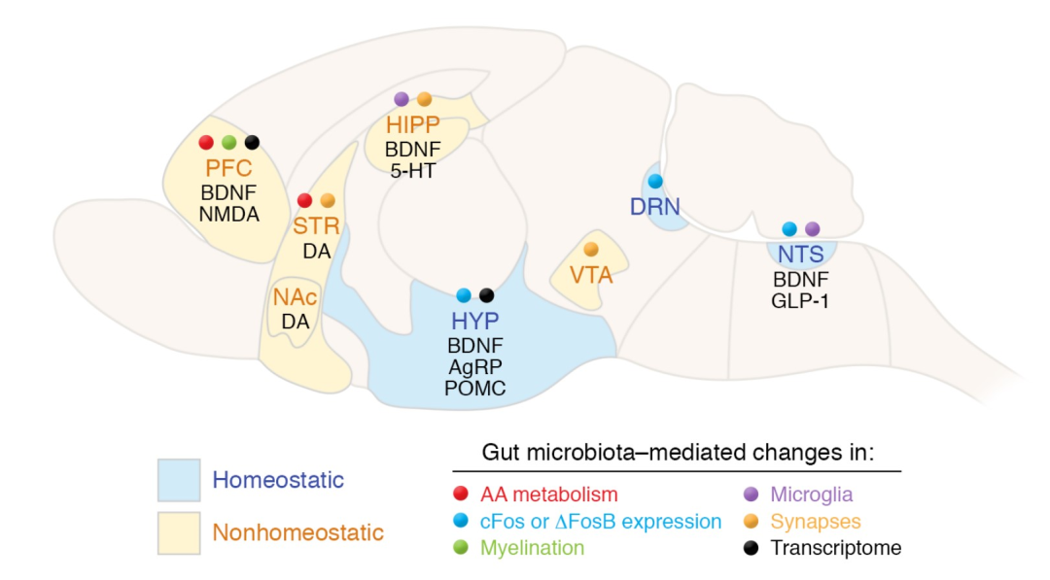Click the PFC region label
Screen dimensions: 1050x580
[x=229, y=168]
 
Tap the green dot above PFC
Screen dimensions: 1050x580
[x=229, y=143]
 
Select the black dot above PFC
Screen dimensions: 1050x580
[x=252, y=143]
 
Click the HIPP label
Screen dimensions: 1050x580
[x=412, y=124]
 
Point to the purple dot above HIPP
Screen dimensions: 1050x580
[x=402, y=100]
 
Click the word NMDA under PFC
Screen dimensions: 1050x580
[x=229, y=215]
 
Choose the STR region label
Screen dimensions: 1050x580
[x=316, y=225]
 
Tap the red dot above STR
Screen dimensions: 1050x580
[x=304, y=200]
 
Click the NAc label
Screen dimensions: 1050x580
[x=296, y=297]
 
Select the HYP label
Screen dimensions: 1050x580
[x=474, y=322]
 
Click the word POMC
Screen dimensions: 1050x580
[x=474, y=388]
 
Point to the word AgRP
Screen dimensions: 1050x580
[x=474, y=366]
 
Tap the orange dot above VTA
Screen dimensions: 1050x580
[x=591, y=250]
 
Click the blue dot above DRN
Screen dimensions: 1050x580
[x=655, y=182]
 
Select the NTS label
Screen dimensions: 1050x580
[x=801, y=255]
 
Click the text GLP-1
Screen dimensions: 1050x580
[x=800, y=301]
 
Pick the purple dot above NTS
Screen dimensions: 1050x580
[x=812, y=229]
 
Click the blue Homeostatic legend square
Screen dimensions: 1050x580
[x=179, y=480]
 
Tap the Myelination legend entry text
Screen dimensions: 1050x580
[x=533, y=548]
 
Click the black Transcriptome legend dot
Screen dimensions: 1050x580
[x=752, y=548]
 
